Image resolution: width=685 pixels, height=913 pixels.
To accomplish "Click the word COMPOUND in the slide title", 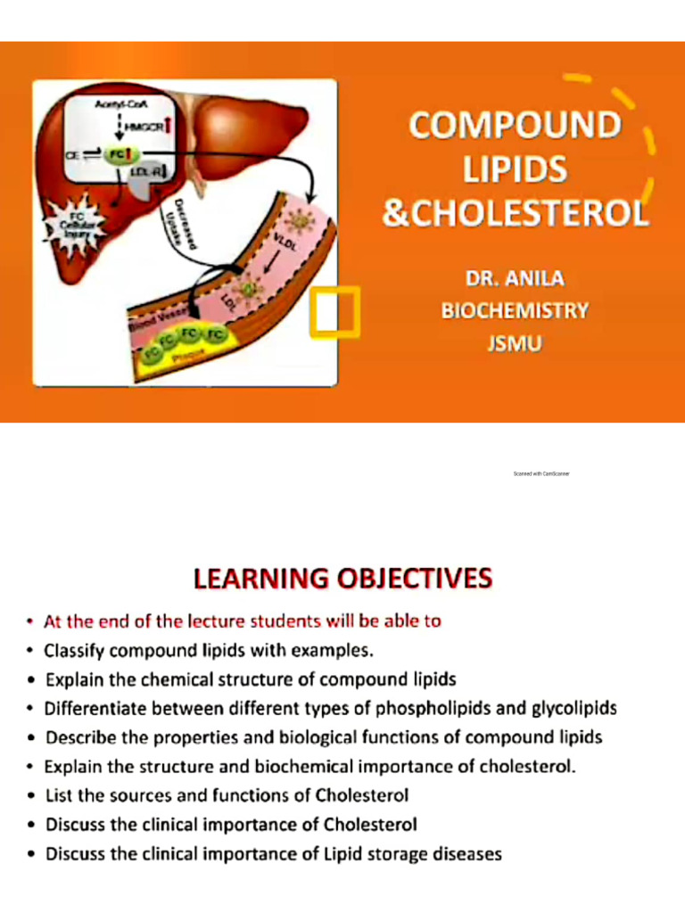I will click(x=515, y=125).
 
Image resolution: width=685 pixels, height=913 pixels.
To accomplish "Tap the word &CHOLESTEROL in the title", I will click(x=515, y=214).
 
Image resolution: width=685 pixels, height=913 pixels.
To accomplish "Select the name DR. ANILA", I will click(x=515, y=279).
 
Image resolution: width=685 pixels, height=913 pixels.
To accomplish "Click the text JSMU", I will click(x=515, y=342).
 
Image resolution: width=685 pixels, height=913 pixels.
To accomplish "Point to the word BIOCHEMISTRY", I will click(x=515, y=310).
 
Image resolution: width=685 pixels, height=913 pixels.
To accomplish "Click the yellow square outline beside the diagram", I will click(x=334, y=312).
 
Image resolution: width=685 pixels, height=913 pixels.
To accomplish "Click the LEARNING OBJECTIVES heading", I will click(x=342, y=579).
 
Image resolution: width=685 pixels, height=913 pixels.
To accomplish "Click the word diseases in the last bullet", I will click(x=467, y=854).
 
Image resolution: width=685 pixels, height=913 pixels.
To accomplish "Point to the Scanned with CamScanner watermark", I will click(x=541, y=473).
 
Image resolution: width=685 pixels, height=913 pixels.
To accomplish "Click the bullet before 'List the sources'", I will click(x=32, y=795).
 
